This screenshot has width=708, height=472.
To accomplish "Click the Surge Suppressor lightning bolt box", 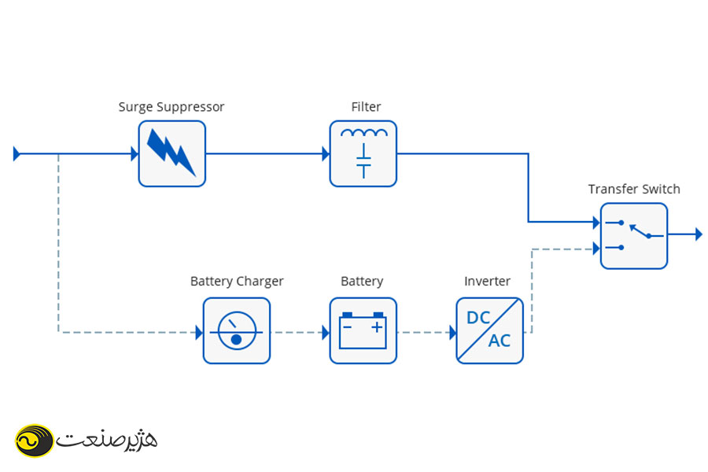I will [x=171, y=153].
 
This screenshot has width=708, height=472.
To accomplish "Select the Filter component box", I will [x=363, y=153].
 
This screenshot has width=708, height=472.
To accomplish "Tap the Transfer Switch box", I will [x=633, y=235].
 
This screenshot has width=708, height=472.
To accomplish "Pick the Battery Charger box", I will [x=236, y=330].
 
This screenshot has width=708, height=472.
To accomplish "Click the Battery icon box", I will [x=363, y=330].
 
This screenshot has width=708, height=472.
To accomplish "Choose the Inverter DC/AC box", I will [x=489, y=330].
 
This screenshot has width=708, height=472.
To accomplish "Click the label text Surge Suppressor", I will [x=171, y=107].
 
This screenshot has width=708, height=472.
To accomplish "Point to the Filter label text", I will [x=366, y=107].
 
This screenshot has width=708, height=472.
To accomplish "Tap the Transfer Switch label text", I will [x=634, y=189].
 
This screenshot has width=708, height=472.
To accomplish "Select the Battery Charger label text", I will [x=237, y=281].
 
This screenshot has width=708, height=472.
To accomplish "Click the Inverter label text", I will [x=487, y=281].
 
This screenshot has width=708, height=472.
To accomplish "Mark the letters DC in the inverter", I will [x=478, y=319].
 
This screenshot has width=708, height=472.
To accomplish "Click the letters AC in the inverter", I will [x=500, y=341].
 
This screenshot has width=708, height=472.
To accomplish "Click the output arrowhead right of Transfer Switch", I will [x=697, y=234].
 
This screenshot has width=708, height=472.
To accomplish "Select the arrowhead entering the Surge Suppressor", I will [x=135, y=154].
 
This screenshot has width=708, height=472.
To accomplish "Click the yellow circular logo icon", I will [x=34, y=440].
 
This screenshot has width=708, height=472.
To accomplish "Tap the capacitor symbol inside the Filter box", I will [x=363, y=161].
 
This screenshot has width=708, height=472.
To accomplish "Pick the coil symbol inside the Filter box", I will [x=363, y=134].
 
